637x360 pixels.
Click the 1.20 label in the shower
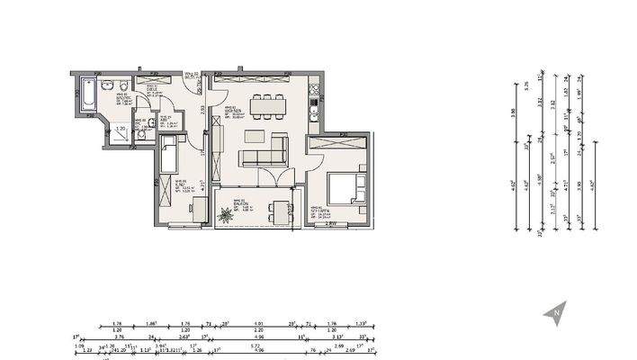(x=121, y=129)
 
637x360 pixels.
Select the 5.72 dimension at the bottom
(x=255, y=345)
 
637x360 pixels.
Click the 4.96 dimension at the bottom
(x=258, y=337)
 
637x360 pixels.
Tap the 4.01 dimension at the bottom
(x=258, y=322)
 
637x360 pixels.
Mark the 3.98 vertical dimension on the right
(x=514, y=112)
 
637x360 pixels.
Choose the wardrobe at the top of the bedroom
(x=337, y=142)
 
